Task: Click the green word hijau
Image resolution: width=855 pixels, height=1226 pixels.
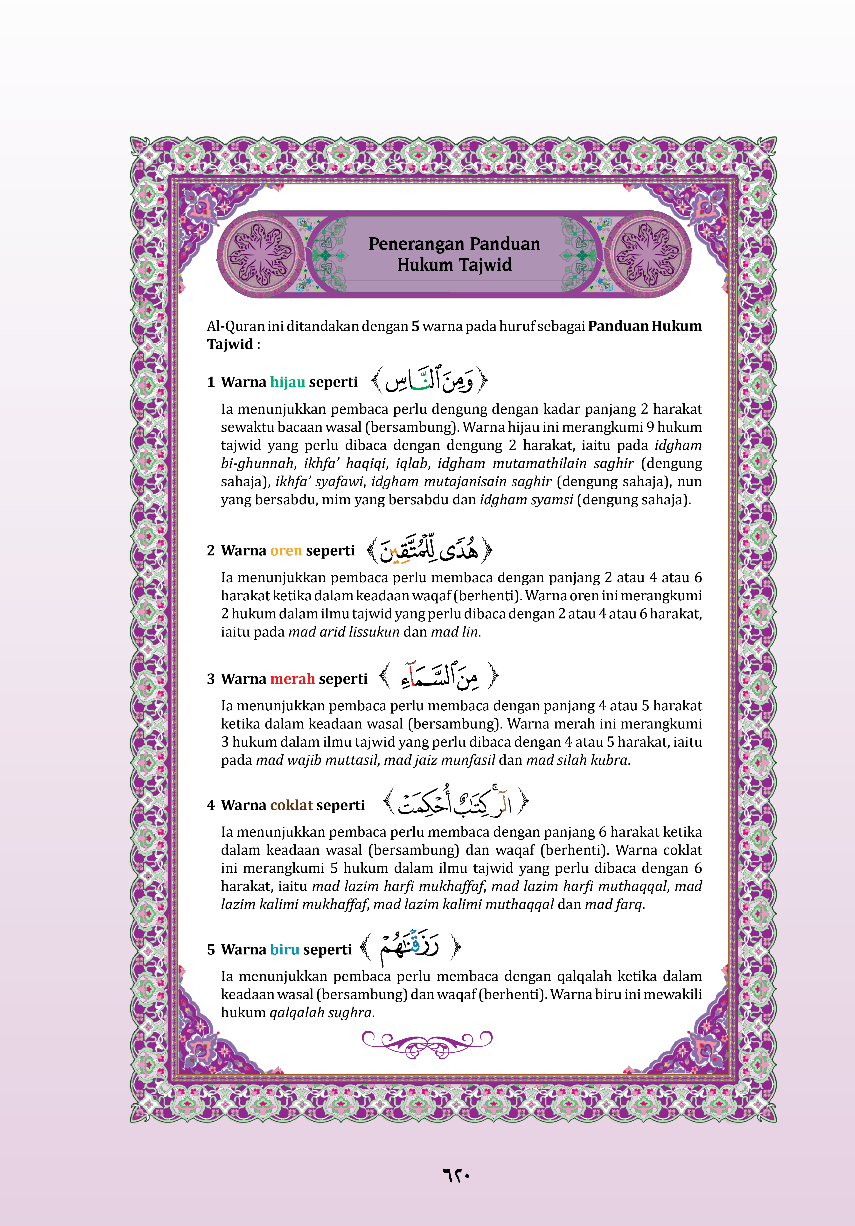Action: (287, 382)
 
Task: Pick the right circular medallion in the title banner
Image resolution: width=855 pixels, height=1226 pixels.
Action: (648, 254)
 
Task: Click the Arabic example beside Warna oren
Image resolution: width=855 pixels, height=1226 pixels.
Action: (429, 550)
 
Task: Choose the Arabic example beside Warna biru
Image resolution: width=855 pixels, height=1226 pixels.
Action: (409, 948)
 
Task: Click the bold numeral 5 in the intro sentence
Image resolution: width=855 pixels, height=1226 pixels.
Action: (415, 326)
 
